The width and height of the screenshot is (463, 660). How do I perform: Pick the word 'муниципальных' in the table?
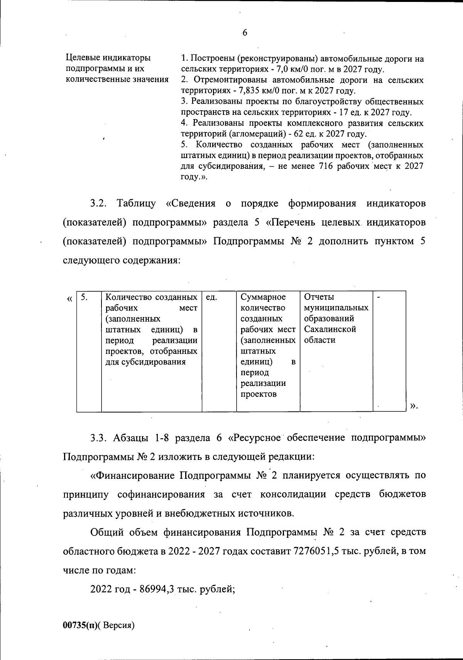tap(336, 308)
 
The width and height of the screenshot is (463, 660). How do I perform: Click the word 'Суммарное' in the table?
tap(263, 297)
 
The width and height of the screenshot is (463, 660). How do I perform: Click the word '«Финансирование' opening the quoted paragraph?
tap(132, 475)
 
